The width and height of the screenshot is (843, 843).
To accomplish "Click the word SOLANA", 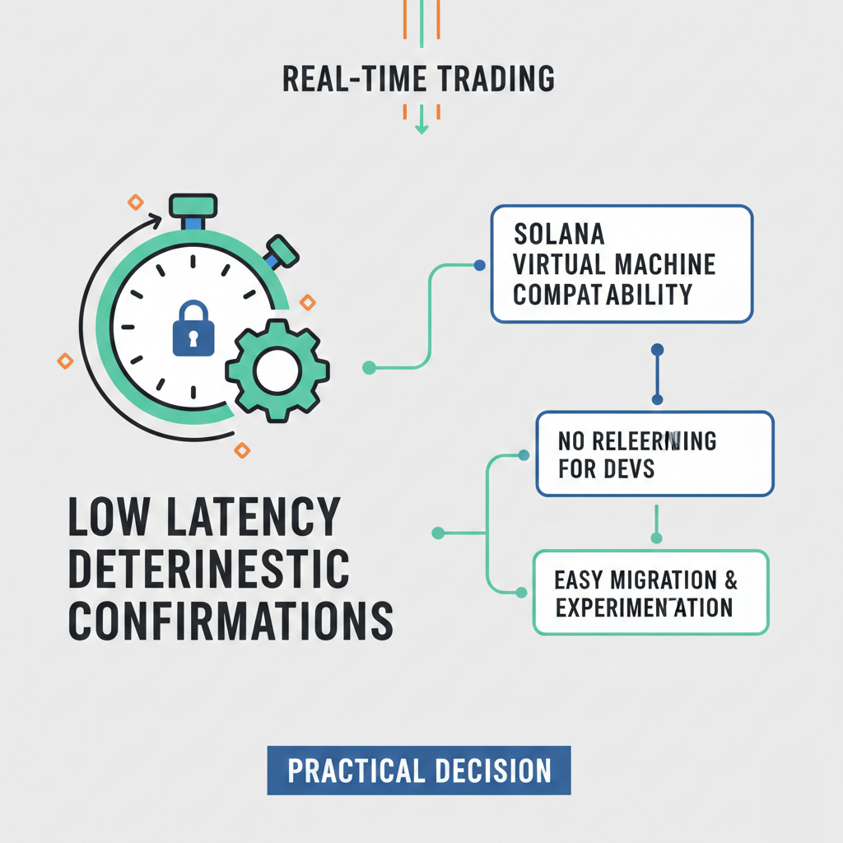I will (559, 234).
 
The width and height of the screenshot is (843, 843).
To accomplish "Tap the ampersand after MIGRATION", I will (729, 580).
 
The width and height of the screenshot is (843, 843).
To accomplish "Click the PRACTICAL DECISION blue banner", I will (418, 771).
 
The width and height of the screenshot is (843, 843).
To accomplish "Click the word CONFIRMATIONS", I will (231, 622).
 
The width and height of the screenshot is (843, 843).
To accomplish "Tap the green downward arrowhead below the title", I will (421, 128).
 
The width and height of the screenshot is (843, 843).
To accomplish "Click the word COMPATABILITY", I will (603, 294).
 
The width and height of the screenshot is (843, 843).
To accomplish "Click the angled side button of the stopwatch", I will (282, 251).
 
